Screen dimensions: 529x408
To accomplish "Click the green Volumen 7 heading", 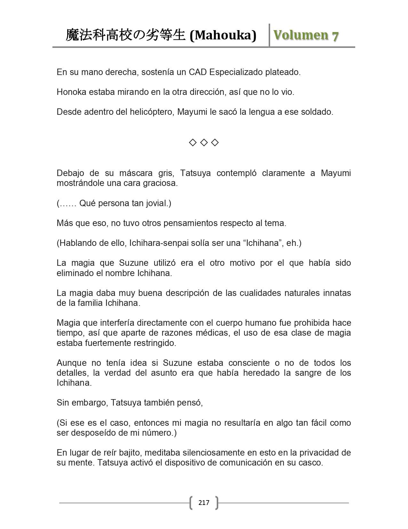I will pyautogui.click(x=306, y=35).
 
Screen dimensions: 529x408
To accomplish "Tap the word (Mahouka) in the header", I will pyautogui.click(x=223, y=35).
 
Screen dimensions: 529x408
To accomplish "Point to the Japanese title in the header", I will pyautogui.click(x=125, y=35).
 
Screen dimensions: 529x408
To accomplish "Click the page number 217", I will pyautogui.click(x=204, y=502).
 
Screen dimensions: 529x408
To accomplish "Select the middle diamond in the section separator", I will pyautogui.click(x=204, y=142).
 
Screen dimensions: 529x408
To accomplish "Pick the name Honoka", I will pyautogui.click(x=71, y=92).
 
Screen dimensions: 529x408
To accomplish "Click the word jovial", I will pyautogui.click(x=159, y=203).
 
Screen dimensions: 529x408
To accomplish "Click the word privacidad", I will pyautogui.click(x=320, y=453).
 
